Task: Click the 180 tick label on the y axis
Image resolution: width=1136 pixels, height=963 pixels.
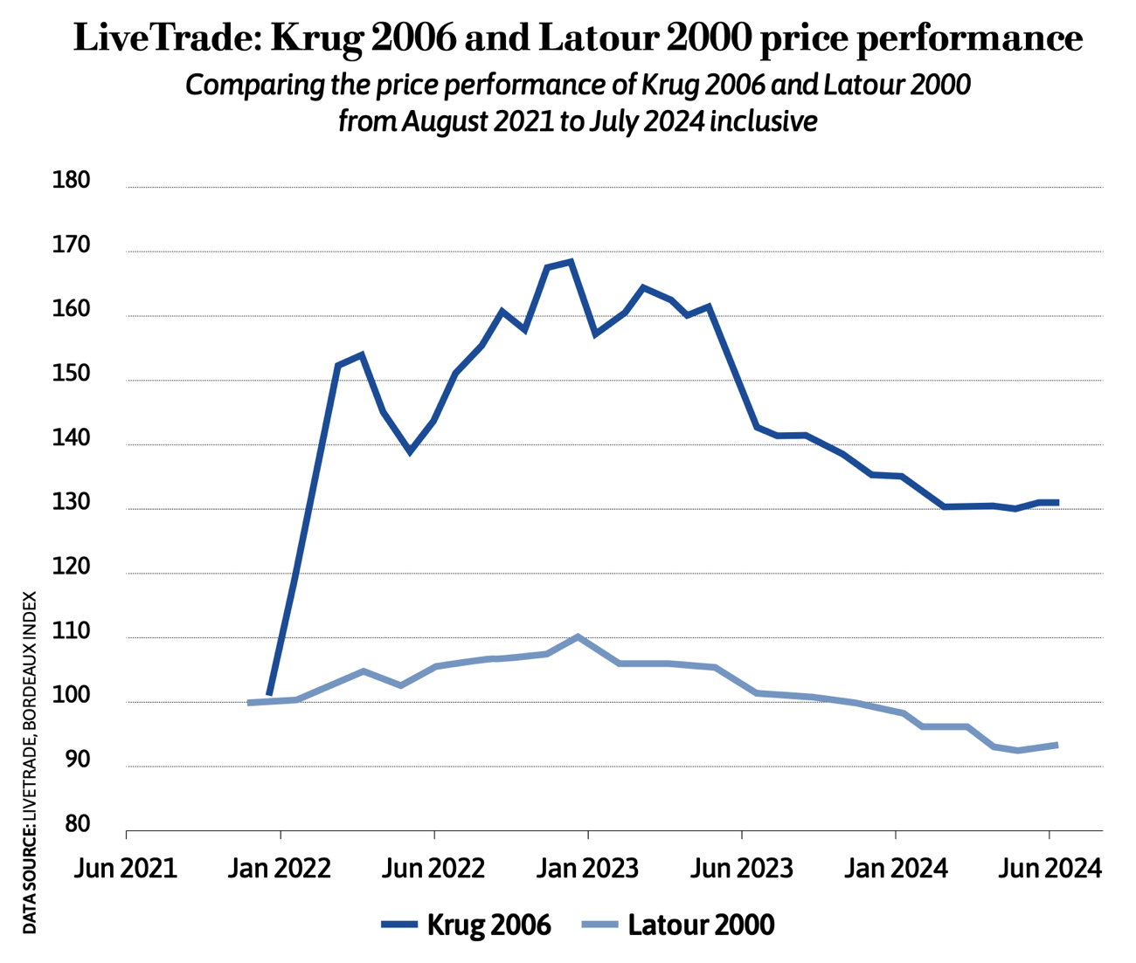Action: (72, 181)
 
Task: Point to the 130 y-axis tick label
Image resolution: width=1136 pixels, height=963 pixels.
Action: (72, 503)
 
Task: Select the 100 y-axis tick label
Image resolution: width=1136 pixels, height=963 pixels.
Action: (72, 696)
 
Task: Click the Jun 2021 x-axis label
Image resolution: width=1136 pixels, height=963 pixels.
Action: (126, 869)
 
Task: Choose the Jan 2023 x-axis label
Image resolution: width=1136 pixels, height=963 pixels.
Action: (587, 869)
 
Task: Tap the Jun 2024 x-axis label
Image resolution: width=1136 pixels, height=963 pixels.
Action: (1049, 869)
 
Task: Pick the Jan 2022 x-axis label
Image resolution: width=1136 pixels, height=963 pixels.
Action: (280, 869)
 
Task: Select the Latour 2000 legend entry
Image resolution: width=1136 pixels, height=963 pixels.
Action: (677, 925)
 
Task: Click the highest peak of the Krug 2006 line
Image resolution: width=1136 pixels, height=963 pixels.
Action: (571, 261)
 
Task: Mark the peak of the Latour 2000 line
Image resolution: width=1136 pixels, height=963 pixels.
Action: (578, 637)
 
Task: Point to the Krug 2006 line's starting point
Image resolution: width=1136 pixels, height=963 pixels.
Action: (269, 694)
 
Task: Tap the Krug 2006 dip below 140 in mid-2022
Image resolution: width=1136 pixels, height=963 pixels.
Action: (409, 451)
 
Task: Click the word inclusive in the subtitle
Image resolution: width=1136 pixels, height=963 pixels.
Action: (763, 120)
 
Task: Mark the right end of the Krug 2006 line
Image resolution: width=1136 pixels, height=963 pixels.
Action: (1057, 502)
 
